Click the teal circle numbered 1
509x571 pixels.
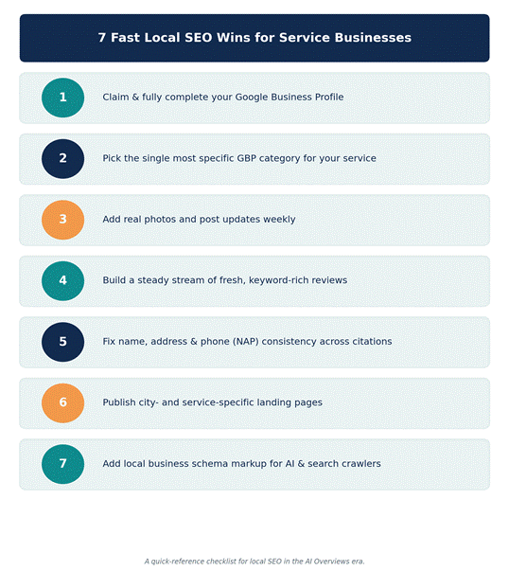(63, 98)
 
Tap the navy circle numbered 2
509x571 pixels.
(63, 159)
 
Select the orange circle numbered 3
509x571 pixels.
(63, 220)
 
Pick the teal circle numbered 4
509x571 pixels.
(63, 281)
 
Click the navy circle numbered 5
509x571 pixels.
(63, 342)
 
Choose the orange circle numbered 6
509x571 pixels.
(63, 403)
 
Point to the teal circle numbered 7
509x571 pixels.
(63, 464)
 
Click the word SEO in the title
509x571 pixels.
(199, 38)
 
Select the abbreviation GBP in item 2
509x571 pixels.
(246, 158)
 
